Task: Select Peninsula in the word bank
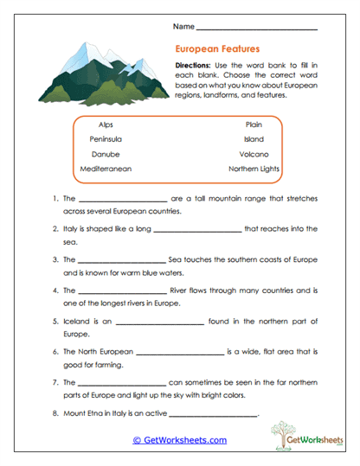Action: click(x=105, y=138)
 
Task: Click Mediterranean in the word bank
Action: click(x=106, y=169)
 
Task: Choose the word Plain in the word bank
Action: click(x=254, y=124)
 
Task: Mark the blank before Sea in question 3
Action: click(x=122, y=260)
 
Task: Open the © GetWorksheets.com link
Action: click(x=179, y=440)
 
